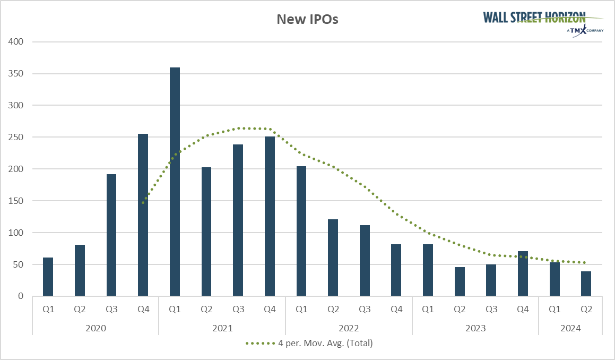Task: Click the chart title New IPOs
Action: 307,20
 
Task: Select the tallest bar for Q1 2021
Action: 175,182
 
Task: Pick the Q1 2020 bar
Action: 48,277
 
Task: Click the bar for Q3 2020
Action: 111,235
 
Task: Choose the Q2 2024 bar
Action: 586,284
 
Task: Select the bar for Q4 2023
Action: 523,273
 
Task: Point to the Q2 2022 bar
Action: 333,258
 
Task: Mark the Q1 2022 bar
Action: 301,231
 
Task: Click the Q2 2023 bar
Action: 459,281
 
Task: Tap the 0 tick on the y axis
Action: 21,296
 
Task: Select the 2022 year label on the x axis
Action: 349,328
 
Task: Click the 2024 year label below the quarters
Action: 570,328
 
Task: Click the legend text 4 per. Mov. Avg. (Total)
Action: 325,343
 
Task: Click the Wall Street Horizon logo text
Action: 535,17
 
